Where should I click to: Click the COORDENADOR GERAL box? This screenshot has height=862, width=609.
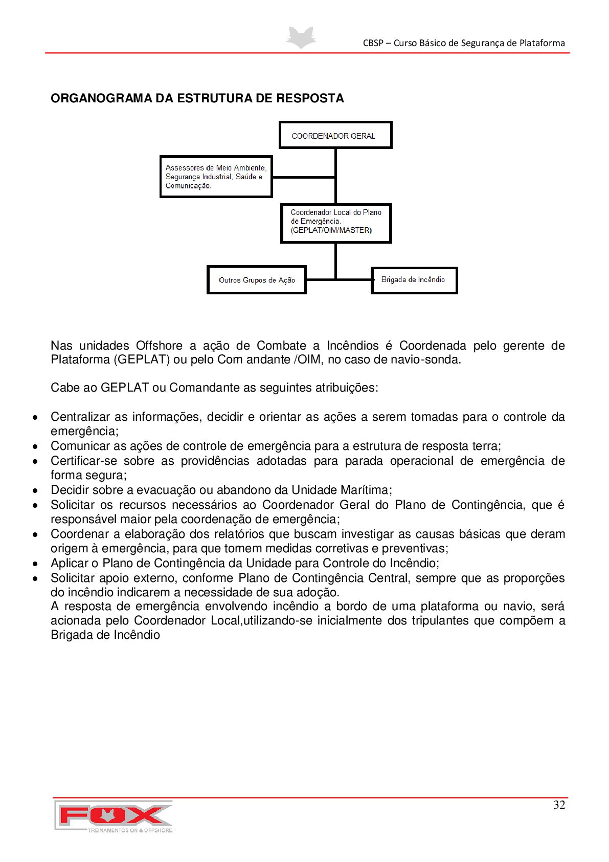(x=335, y=135)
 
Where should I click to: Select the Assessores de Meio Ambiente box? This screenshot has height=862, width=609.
(x=216, y=177)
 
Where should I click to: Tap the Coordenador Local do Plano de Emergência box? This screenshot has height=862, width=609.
(x=336, y=223)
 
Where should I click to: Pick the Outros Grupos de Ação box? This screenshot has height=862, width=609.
(x=256, y=279)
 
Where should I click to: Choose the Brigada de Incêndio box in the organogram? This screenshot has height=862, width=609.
(x=414, y=280)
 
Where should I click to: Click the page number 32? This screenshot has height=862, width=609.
(x=559, y=805)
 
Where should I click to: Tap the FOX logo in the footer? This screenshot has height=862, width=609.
(x=114, y=816)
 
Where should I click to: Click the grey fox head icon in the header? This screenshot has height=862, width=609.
(x=301, y=37)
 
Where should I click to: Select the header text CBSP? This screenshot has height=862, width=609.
(x=373, y=44)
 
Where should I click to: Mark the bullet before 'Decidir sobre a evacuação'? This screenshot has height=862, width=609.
(x=35, y=490)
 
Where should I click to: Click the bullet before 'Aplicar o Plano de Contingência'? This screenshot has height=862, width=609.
(x=35, y=564)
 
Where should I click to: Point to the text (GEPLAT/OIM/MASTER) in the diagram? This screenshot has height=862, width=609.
(x=331, y=230)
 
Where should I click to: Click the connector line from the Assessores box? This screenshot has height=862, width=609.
(x=303, y=177)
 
